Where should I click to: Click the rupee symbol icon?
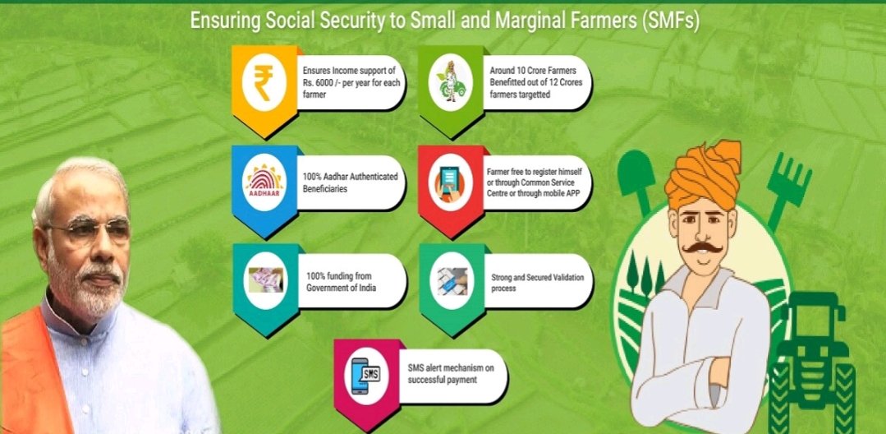[263, 83]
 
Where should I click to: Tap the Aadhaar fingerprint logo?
[264, 181]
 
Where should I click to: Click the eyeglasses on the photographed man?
[88, 229]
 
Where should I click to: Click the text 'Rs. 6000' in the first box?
[319, 83]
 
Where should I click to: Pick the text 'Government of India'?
[341, 288]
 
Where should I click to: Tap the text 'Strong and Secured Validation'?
[538, 278]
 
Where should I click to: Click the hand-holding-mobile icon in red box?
[450, 181]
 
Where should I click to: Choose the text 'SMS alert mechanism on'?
[451, 368]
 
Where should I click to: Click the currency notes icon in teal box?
[265, 279]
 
